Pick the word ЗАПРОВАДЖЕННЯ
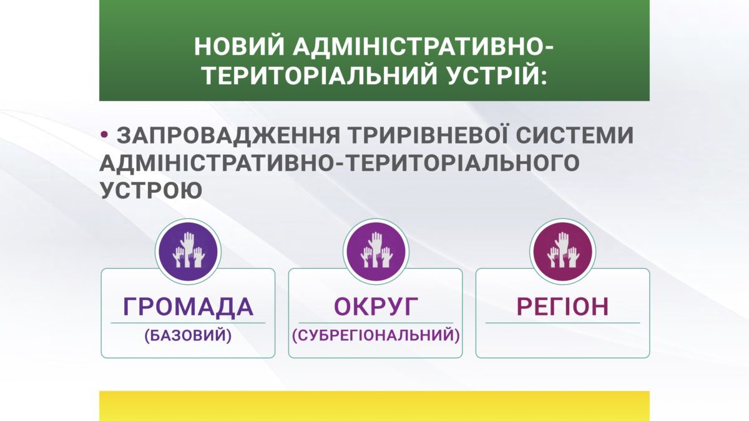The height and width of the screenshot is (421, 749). coord(228,136)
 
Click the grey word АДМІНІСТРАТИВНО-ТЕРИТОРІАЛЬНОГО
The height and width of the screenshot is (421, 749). coord(340,163)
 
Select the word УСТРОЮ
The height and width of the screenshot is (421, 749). coord(151,190)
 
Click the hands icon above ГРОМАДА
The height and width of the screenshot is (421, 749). coord(188,251)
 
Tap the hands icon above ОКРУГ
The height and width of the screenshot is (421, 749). coord(376,251)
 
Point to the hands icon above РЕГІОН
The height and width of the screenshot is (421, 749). coord(563,251)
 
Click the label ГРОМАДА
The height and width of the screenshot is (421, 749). coord(188,307)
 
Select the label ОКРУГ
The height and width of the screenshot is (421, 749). coord(376,306)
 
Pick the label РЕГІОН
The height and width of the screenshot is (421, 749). coord(562,306)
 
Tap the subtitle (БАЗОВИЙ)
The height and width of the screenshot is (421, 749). coord(188,336)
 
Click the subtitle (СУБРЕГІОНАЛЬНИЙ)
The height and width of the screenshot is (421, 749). coord(376,336)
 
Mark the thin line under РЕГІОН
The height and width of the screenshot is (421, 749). coord(563,323)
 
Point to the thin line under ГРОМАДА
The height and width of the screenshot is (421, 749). coord(188,323)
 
